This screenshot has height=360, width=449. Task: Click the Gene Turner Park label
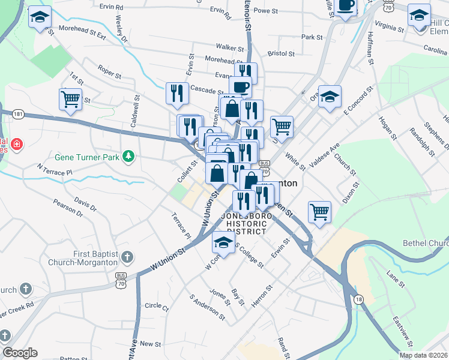click(88, 158)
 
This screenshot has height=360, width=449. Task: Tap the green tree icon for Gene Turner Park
click(128, 157)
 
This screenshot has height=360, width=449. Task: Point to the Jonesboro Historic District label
click(243, 223)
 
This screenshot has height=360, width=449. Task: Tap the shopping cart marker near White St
click(282, 127)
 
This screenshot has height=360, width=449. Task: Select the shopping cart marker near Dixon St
click(319, 212)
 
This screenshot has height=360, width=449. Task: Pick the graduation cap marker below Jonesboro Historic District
click(223, 244)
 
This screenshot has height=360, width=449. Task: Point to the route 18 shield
click(359, 299)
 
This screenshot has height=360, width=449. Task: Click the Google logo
click(20, 353)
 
